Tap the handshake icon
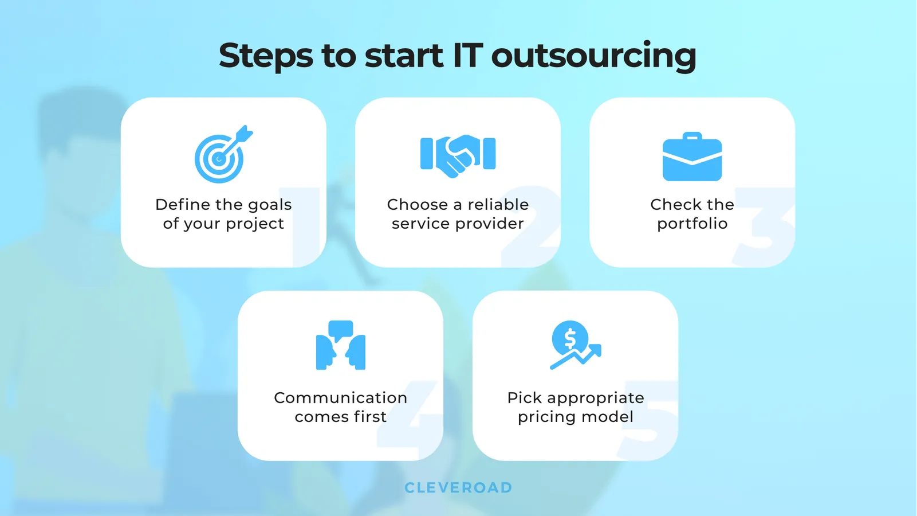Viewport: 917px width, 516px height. tap(458, 154)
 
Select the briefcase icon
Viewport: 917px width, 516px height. tap(692, 158)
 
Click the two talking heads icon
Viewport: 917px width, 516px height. tap(341, 345)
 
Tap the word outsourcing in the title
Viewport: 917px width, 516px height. tap(593, 56)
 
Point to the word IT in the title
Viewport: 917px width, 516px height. tap(467, 56)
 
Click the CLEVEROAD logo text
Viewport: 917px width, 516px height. tap(458, 488)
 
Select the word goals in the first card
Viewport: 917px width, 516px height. tap(270, 205)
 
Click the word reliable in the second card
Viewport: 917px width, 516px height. tap(498, 205)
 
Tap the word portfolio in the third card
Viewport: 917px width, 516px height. tap(692, 224)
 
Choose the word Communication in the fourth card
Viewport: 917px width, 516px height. tap(340, 398)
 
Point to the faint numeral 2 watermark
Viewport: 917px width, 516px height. tap(530, 226)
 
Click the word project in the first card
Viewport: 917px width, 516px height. tap(255, 224)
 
